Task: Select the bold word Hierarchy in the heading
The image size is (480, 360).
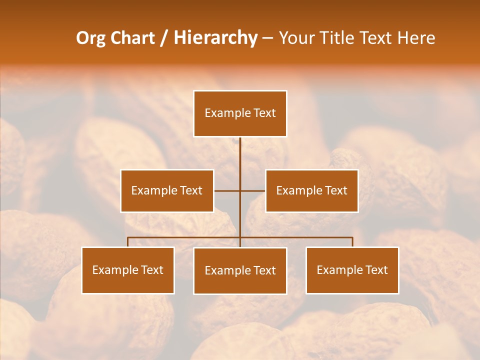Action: pyautogui.click(x=215, y=38)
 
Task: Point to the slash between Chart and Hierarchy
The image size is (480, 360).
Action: pyautogui.click(x=164, y=38)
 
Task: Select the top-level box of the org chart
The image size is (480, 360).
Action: pyautogui.click(x=240, y=113)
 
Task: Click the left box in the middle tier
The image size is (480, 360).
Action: pyautogui.click(x=167, y=190)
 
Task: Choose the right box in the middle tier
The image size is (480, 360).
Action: pyautogui.click(x=311, y=190)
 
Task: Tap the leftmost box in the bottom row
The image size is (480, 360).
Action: pyautogui.click(x=128, y=270)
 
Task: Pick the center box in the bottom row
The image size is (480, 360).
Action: pyautogui.click(x=240, y=270)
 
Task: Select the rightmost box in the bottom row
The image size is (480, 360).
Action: pyautogui.click(x=352, y=270)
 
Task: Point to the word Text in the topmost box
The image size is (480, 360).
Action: pyautogui.click(x=264, y=113)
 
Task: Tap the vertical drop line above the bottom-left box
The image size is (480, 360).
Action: pyautogui.click(x=128, y=242)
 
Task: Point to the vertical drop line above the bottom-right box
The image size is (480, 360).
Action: pyautogui.click(x=352, y=242)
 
